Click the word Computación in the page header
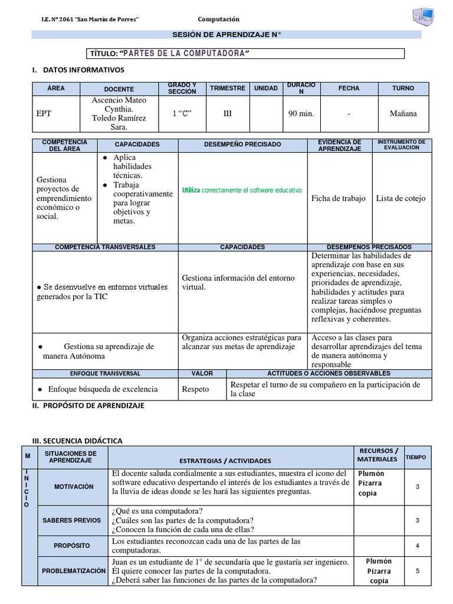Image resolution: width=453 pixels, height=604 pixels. click(218, 19)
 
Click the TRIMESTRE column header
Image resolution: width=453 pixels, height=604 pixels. click(227, 88)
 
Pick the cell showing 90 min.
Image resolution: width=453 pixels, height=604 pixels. click(301, 113)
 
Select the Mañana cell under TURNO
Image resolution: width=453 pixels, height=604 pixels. click(403, 113)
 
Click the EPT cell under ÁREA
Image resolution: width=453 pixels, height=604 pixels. click(44, 113)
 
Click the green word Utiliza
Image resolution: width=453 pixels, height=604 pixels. click(191, 191)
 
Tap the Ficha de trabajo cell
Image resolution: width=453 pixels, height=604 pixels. click(338, 198)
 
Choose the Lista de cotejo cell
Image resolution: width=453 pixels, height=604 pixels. click(401, 198)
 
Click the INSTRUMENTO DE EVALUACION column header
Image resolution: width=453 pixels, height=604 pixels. click(402, 145)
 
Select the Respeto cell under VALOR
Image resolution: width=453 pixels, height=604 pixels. click(195, 389)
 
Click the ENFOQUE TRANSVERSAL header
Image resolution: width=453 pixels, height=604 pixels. click(106, 373)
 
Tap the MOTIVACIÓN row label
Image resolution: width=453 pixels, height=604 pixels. click(74, 487)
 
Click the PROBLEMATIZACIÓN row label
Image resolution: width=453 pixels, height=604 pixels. click(74, 572)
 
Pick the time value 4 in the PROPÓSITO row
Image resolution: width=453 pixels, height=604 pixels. click(418, 546)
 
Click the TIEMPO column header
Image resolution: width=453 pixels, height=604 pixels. click(418, 457)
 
